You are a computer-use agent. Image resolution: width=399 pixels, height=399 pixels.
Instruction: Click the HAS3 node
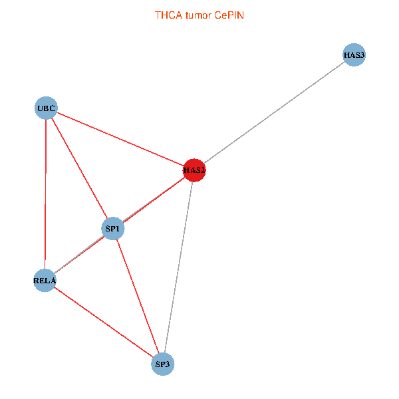point(354,55)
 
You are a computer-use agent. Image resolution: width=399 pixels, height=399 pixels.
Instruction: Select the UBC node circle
point(46,108)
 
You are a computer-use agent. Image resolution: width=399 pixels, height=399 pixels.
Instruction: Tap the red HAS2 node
point(194,170)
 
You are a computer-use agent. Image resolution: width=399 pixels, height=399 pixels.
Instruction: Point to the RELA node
point(45,280)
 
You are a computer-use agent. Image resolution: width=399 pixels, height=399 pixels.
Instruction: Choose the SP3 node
point(163,364)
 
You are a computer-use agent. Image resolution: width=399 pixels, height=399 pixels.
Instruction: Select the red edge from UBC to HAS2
point(120,139)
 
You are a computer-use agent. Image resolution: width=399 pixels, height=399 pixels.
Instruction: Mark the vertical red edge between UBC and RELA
point(45,193)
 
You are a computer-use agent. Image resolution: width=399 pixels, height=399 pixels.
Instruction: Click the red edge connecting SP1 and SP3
point(138,296)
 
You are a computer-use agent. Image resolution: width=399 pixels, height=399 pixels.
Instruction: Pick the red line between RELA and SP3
point(103,321)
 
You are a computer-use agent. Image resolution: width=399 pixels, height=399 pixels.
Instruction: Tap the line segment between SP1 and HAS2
point(154,200)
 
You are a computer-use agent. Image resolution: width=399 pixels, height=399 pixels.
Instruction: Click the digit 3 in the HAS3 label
point(362,55)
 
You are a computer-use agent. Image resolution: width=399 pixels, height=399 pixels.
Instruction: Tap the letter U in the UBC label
point(40,108)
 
